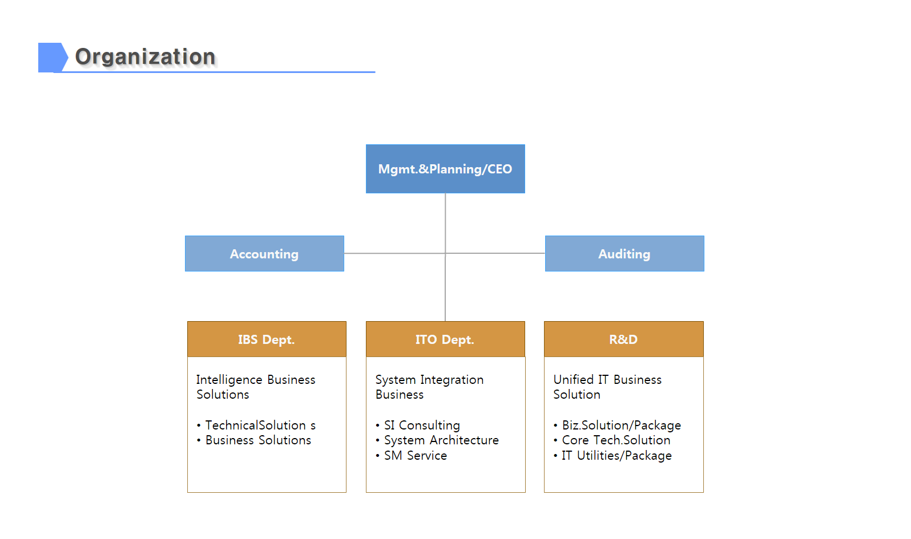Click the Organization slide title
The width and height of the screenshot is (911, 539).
pos(145,56)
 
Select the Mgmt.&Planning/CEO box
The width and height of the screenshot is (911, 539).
pos(445,169)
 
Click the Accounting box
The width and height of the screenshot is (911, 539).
pos(264,254)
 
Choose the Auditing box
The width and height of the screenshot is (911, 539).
pos(624,254)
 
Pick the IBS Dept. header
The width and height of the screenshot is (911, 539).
pos(267,339)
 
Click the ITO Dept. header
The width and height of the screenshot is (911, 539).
pos(445,339)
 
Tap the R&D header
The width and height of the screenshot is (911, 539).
pos(623,339)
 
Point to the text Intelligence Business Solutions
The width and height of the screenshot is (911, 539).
pos(256,387)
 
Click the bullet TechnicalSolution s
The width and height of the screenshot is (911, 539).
pos(256,425)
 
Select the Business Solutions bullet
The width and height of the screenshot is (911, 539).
pos(254,440)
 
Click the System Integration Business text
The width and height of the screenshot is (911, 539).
pos(429,387)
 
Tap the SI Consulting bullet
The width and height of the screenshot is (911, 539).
pos(418,425)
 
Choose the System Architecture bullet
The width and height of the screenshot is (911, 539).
pos(437,440)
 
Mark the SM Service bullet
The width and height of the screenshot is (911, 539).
pos(411,456)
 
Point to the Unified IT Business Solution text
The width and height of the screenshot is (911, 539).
pos(607,387)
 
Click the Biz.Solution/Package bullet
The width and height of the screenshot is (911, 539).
pos(617,425)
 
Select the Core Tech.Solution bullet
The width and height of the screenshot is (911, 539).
pos(612,440)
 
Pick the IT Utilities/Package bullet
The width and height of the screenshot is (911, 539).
pos(612,456)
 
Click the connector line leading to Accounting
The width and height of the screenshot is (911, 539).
pos(394,253)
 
